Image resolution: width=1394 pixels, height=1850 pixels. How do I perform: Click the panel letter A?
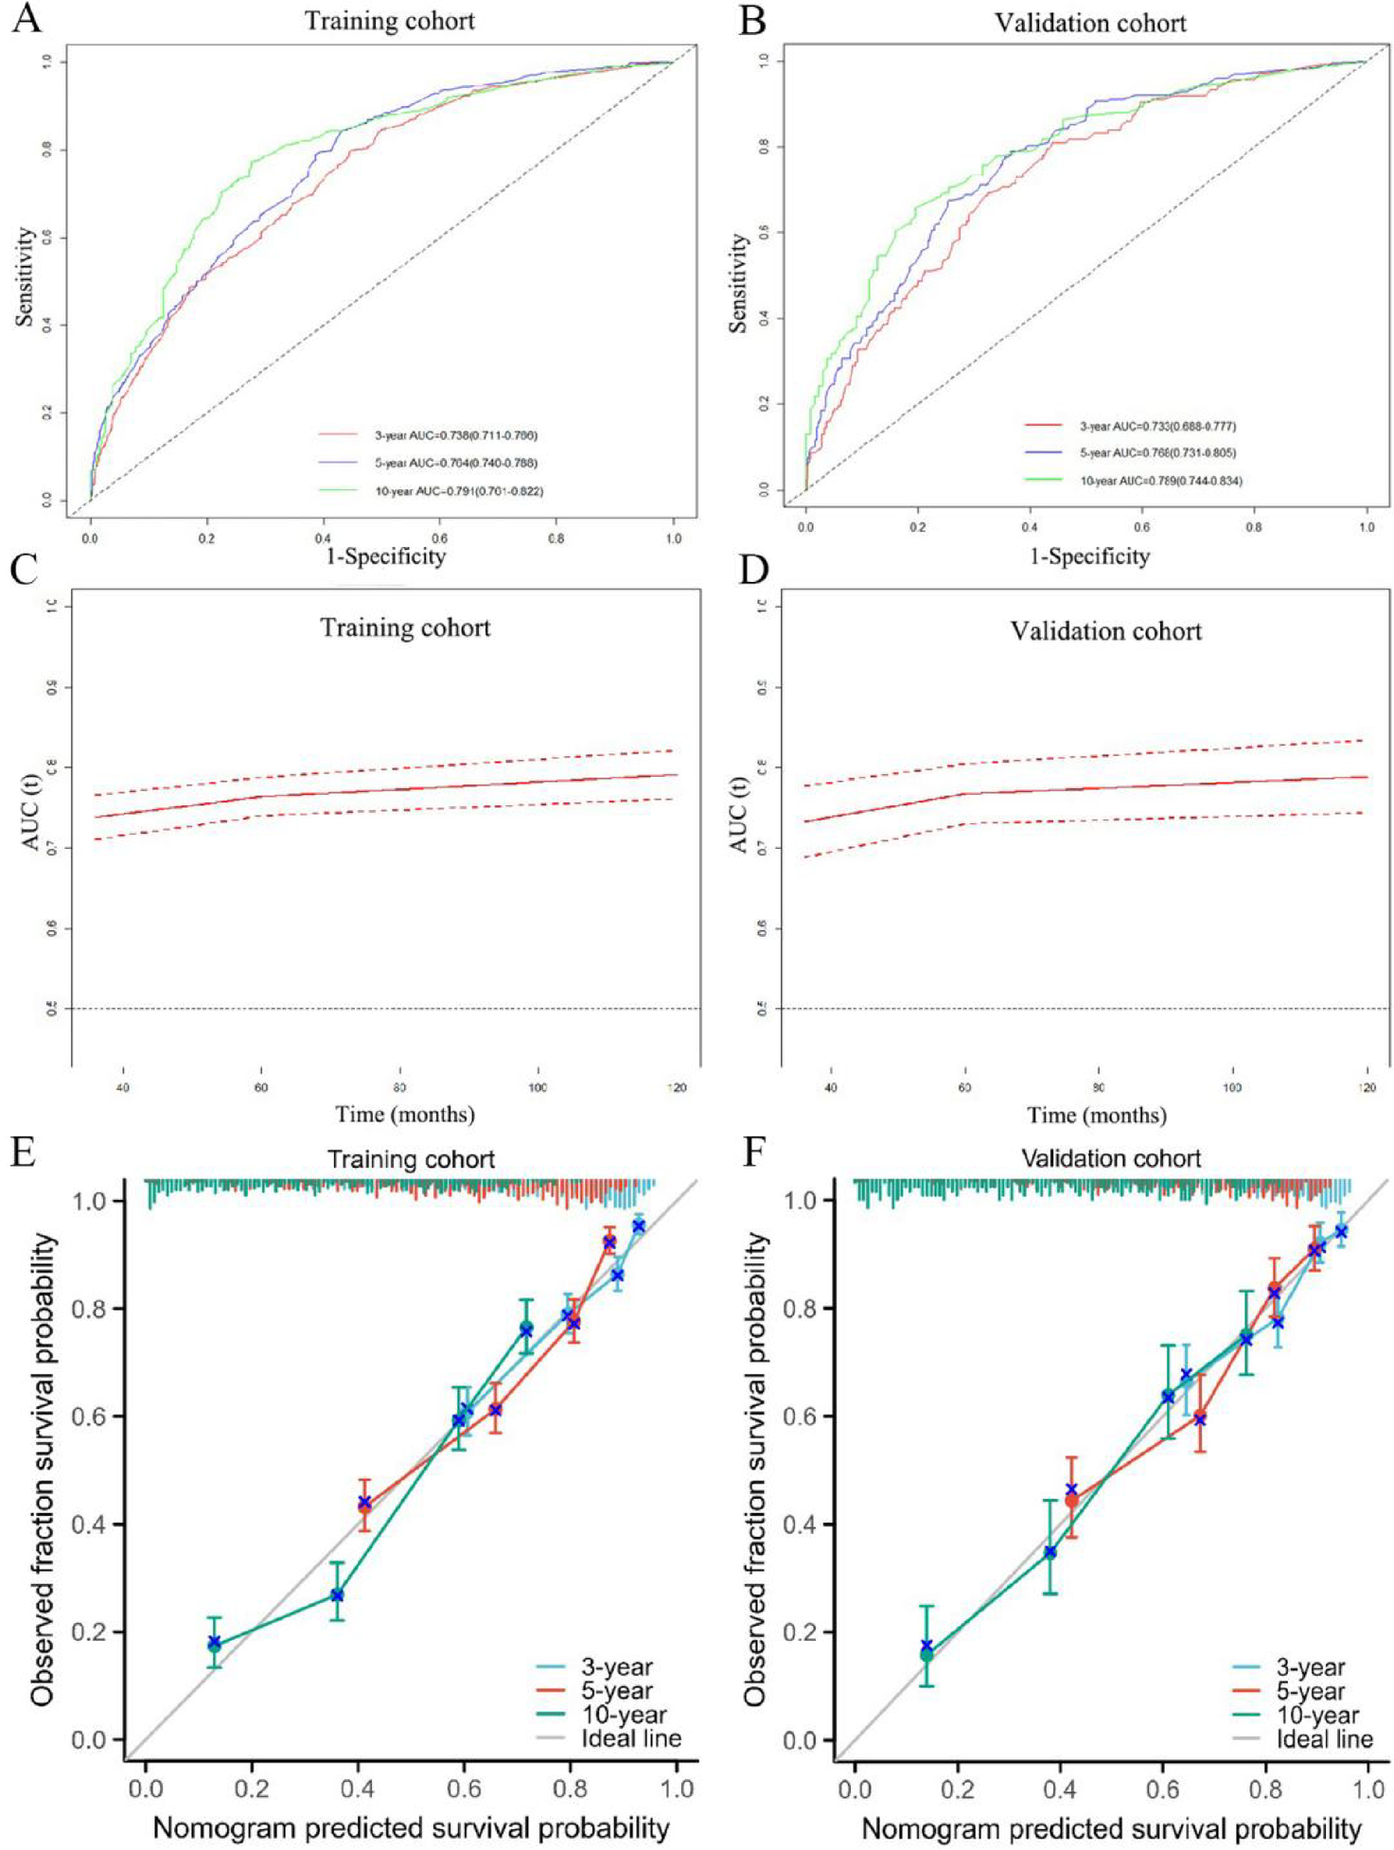click(26, 19)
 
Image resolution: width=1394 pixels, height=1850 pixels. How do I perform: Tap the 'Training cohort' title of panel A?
click(389, 21)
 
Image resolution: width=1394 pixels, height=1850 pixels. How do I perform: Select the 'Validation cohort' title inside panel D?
click(1105, 631)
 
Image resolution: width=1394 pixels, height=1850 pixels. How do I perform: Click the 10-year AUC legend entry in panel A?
click(458, 491)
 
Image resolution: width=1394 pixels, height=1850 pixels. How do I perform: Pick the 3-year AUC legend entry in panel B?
click(1156, 427)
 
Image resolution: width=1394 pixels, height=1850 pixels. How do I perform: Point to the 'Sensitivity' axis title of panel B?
click(738, 283)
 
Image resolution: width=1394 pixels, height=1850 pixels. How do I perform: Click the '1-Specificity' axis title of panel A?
click(385, 555)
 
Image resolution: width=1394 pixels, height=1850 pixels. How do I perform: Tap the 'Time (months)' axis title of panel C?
click(404, 1114)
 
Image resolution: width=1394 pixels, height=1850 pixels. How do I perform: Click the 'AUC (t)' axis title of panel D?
click(739, 815)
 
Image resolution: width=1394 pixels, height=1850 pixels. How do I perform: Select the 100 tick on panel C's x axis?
click(538, 1087)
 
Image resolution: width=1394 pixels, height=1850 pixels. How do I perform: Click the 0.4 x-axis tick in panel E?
click(358, 1788)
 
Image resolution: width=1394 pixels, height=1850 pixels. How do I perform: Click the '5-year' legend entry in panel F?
click(1310, 1690)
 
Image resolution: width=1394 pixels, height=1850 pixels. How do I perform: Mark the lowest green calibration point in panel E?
click(215, 1646)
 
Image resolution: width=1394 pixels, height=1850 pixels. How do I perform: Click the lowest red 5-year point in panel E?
click(364, 1506)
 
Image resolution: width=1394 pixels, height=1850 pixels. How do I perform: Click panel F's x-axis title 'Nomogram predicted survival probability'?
click(1111, 1828)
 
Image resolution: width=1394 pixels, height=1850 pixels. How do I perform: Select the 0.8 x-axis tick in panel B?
click(1253, 527)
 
